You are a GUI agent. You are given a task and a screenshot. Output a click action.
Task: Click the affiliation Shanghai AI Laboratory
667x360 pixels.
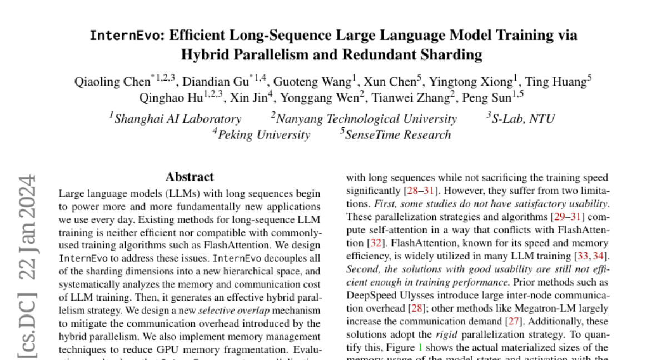tap(177, 119)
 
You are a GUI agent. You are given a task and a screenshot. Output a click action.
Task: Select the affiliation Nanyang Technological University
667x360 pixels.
tap(366, 119)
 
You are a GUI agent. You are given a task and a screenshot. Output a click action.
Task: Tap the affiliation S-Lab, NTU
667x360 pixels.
tap(523, 119)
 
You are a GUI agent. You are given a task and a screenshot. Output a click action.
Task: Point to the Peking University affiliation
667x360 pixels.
tap(263, 135)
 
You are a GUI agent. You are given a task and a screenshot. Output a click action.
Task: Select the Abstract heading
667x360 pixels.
tap(190, 177)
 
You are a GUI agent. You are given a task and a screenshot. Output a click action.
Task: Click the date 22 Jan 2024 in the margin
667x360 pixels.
tap(27, 228)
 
